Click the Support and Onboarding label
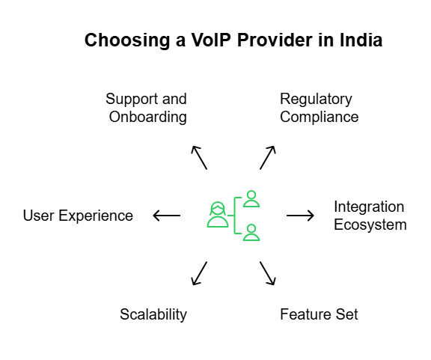[146, 108]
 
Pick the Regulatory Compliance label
[319, 108]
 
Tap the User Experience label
[78, 216]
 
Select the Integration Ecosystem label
[370, 216]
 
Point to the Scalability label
[153, 314]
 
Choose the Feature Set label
[319, 314]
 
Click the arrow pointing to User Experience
[166, 216]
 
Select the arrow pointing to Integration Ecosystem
[301, 216]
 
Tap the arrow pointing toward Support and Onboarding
[199, 157]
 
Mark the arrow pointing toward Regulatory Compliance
[268, 157]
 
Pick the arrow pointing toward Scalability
[199, 273]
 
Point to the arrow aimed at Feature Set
[268, 273]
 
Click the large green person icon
[218, 215]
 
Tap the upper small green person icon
[251, 199]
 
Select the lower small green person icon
[251, 232]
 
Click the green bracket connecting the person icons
[236, 216]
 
